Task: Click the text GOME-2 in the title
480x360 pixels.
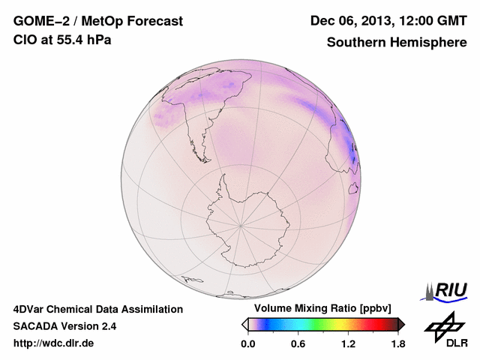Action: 40,22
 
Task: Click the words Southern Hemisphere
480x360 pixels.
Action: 397,43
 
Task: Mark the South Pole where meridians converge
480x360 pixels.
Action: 240,224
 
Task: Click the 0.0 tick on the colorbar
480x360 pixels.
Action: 247,344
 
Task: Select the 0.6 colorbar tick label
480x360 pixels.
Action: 298,344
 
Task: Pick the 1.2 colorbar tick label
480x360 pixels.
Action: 348,344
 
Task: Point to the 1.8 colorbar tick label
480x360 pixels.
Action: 397,344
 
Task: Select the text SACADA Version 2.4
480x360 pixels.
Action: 64,326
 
